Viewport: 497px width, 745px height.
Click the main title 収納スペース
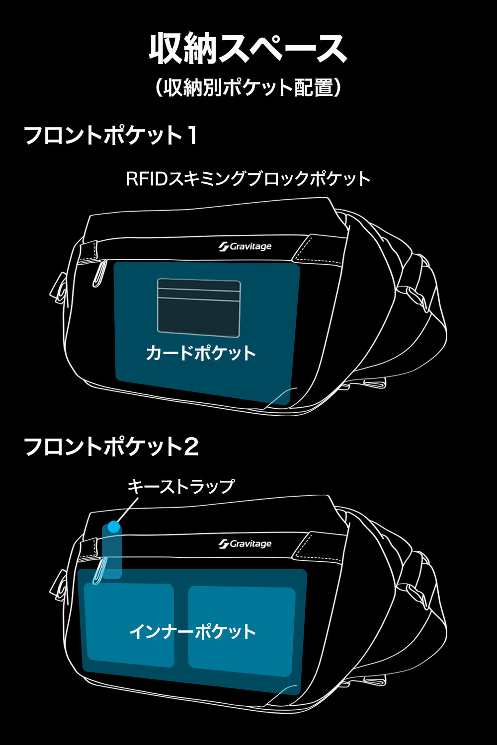[248, 48]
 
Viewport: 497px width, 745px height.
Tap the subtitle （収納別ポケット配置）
[248, 88]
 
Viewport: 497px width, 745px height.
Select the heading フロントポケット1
[111, 135]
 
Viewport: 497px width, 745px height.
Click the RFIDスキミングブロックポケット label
[248, 179]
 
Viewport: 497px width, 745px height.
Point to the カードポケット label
[201, 353]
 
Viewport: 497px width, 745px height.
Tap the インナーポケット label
[193, 632]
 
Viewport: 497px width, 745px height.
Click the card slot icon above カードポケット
[199, 307]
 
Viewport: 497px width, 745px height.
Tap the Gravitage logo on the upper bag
[245, 246]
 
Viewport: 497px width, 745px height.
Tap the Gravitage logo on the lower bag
[245, 544]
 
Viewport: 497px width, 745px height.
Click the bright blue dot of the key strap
[114, 527]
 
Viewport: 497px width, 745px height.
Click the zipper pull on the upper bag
[99, 273]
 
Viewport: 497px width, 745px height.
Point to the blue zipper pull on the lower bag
[99, 571]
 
